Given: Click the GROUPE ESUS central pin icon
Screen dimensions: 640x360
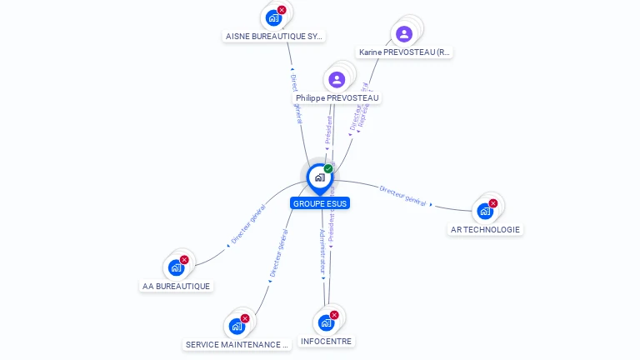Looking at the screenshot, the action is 319,177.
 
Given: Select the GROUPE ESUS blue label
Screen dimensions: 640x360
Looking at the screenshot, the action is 320,203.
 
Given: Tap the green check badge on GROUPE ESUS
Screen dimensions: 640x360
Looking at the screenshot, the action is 328,169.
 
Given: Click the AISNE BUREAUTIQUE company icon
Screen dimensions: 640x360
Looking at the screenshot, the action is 273,17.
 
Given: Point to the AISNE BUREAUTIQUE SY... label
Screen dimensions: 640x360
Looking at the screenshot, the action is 274,37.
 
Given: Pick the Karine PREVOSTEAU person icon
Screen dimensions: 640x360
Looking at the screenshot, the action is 404,34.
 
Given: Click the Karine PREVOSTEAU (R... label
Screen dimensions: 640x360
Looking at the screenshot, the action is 404,52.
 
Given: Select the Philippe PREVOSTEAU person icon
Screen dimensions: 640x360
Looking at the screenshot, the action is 337,79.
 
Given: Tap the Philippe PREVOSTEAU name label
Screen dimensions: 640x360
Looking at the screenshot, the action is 337,97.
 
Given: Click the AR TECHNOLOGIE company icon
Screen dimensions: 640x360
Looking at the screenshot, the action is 485,211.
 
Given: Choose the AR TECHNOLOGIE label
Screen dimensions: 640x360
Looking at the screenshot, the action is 485,229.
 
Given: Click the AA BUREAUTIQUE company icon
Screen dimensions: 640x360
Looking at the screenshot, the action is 176,267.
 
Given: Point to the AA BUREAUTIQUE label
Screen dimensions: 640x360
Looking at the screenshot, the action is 176,286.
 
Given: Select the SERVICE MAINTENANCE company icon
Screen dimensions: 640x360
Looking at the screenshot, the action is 237,326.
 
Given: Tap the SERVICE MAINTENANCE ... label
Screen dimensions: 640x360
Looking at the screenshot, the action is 237,344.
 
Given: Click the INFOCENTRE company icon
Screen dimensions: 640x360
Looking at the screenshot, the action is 326,322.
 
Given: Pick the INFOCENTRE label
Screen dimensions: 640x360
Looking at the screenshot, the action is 326,341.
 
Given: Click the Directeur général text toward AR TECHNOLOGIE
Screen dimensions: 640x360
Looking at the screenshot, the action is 402,196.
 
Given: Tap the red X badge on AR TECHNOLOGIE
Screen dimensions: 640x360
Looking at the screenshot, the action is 493,203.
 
